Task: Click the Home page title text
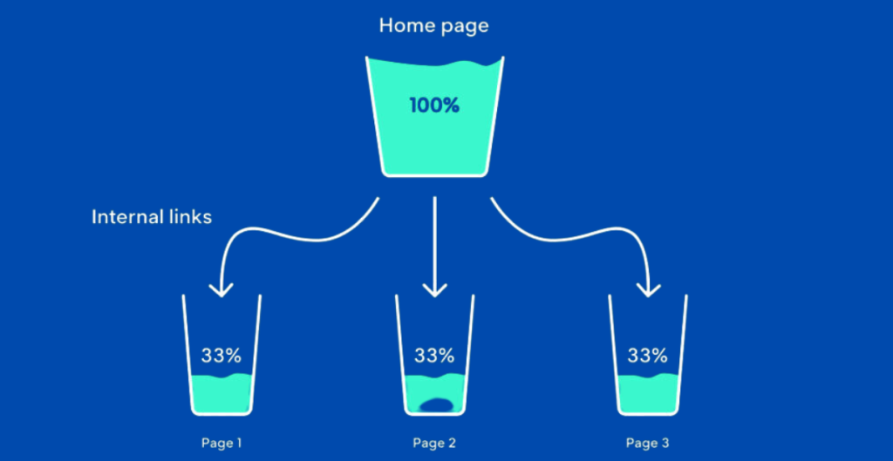pos(433,25)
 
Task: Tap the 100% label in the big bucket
pos(433,106)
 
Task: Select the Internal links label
pos(152,216)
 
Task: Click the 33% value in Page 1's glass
pos(221,356)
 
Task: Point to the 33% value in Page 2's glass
pos(433,356)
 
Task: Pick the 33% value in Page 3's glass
pos(647,356)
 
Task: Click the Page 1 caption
pos(222,444)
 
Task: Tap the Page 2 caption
pos(434,444)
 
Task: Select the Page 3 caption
pos(648,444)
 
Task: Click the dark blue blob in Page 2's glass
pos(435,404)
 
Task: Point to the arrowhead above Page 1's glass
pos(221,288)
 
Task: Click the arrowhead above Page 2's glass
pos(433,288)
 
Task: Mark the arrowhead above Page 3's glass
pos(647,288)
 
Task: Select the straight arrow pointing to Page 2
pos(433,244)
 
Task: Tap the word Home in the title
pos(406,25)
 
